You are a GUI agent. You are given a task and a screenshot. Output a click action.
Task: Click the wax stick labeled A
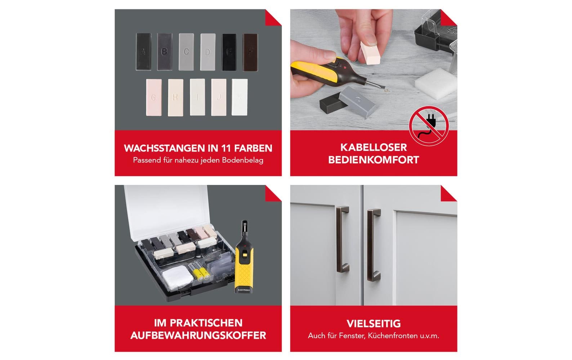(x=143, y=52)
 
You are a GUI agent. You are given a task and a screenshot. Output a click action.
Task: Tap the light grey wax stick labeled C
(x=186, y=52)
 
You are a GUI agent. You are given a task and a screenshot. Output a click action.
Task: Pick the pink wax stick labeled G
(x=154, y=97)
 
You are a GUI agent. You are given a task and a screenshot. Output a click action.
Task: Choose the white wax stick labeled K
(x=240, y=97)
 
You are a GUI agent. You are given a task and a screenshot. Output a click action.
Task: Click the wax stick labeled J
(x=219, y=97)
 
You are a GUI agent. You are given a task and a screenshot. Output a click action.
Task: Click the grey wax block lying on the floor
(x=356, y=102)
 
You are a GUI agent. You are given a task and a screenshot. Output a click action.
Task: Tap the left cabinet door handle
(x=342, y=239)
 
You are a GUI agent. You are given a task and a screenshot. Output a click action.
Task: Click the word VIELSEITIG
(x=374, y=323)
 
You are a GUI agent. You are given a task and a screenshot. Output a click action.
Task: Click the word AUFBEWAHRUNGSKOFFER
(x=198, y=336)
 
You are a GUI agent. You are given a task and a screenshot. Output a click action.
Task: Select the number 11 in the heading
(x=225, y=148)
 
